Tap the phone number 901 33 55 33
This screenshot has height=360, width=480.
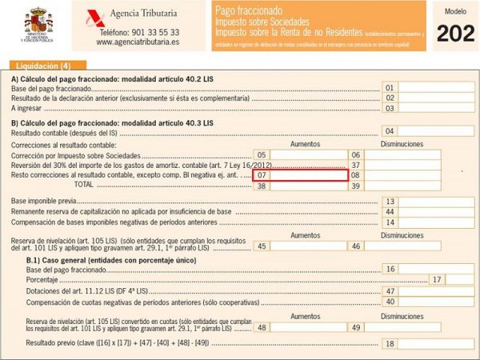139,33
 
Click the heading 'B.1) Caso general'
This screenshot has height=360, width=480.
70,259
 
